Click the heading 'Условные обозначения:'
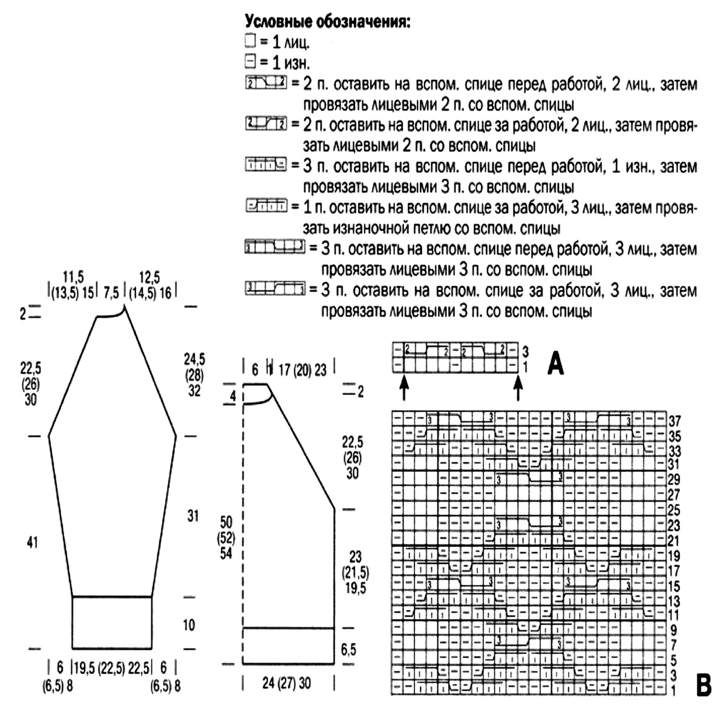pos(327,22)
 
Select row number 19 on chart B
pos(674,555)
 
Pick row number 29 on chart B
pos(674,479)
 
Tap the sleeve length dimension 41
pos(32,543)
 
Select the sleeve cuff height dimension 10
pos(189,624)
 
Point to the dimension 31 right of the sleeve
pos(192,516)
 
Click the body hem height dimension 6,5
pos(348,650)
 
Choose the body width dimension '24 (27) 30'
pos(287,683)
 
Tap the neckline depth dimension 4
pos(233,397)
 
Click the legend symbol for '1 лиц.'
pos(250,42)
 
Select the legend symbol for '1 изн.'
pos(250,61)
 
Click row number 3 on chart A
pos(526,351)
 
